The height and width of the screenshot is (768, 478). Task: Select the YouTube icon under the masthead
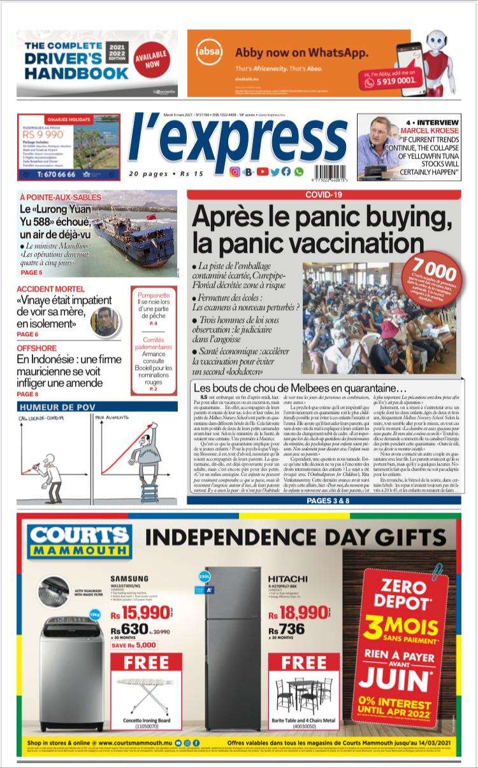262,171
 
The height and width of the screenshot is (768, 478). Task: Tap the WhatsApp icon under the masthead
298,171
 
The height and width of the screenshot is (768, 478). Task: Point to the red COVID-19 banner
324,194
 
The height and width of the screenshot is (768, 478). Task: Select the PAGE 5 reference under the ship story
32,272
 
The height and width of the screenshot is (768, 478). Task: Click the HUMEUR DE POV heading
56,407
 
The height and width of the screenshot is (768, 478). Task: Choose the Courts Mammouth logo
80,542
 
